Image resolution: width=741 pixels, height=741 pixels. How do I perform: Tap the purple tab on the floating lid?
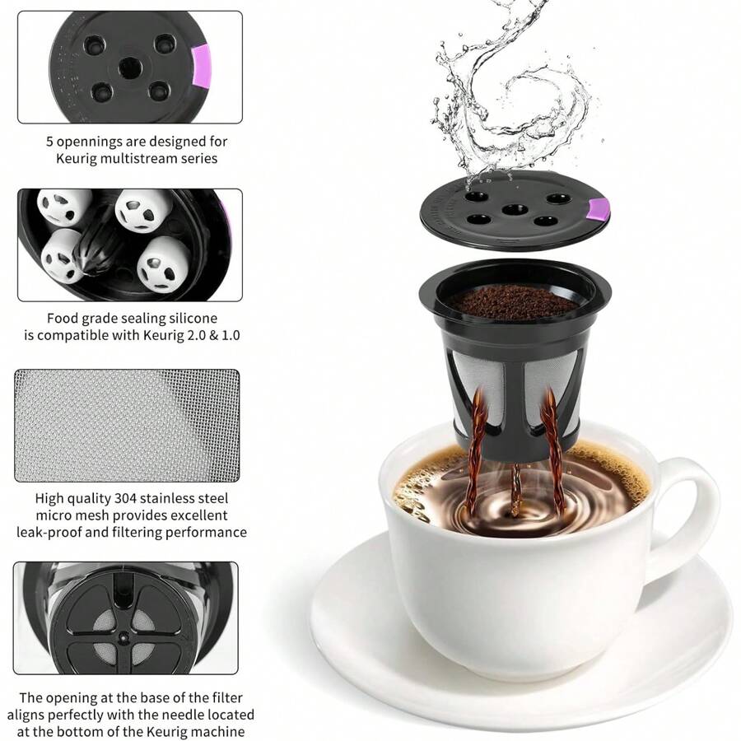click(x=599, y=212)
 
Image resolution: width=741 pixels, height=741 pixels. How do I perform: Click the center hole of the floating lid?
click(x=515, y=209)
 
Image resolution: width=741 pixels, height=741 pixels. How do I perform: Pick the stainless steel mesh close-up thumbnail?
click(x=127, y=425)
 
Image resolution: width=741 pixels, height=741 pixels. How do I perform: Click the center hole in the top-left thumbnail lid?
click(x=128, y=66)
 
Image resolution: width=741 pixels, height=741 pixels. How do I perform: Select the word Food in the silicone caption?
click(x=63, y=317)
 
